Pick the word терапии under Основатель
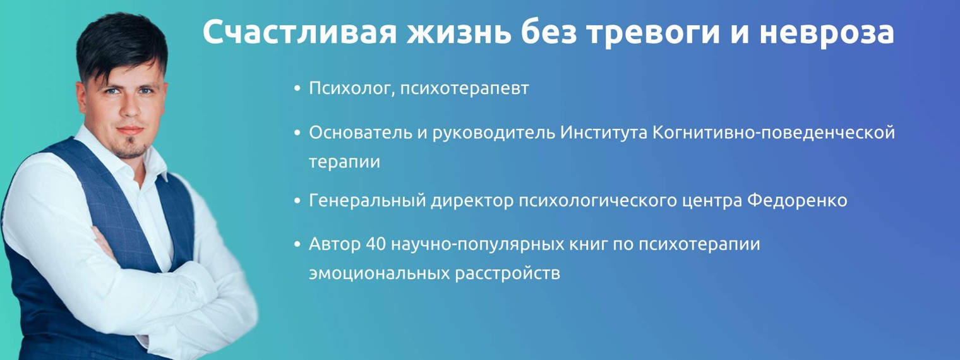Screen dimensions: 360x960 pos(344,162)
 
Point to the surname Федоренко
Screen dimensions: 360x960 pos(797,201)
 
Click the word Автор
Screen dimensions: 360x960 pos(334,244)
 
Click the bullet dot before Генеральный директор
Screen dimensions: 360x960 pos(297,201)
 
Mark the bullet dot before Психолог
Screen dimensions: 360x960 pos(297,89)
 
